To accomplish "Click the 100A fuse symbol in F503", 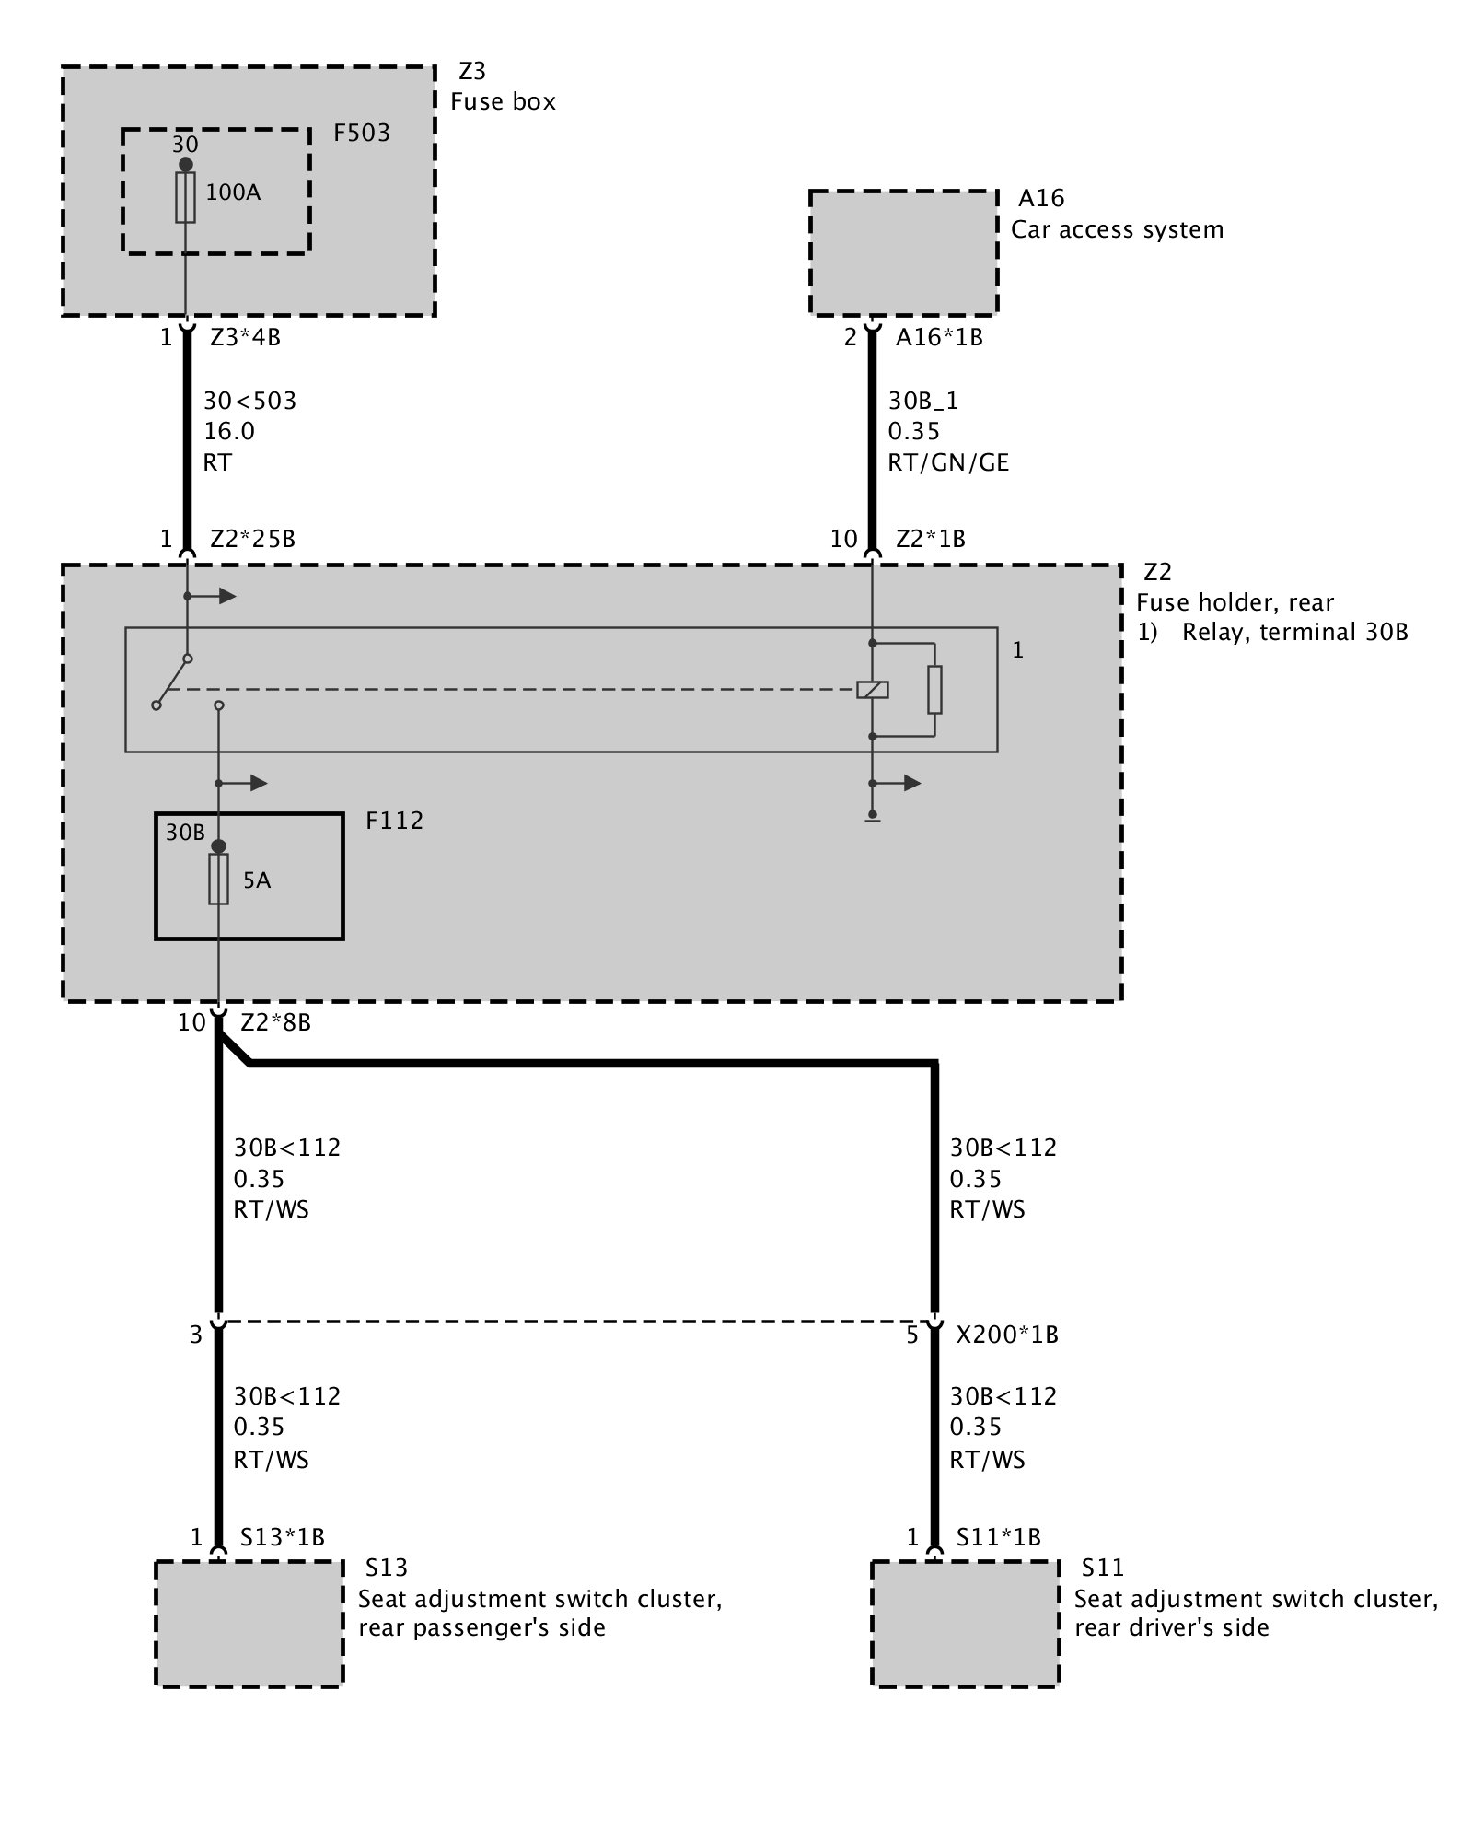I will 186,197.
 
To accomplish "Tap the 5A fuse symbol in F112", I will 218,879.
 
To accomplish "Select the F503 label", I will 362,134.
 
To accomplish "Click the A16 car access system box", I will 903,252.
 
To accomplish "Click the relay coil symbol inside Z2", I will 872,689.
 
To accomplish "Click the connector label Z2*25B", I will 253,540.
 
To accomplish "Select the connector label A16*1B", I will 939,338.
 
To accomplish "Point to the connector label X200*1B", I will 1007,1335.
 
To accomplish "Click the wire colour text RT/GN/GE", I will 948,462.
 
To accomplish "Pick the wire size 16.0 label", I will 229,431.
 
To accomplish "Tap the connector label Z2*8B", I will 275,1022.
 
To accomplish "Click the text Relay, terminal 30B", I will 1294,633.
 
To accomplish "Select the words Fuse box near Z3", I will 503,101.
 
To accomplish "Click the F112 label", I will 394,821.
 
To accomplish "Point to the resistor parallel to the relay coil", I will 934,690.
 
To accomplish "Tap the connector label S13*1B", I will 283,1537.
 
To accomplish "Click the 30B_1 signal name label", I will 923,401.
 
